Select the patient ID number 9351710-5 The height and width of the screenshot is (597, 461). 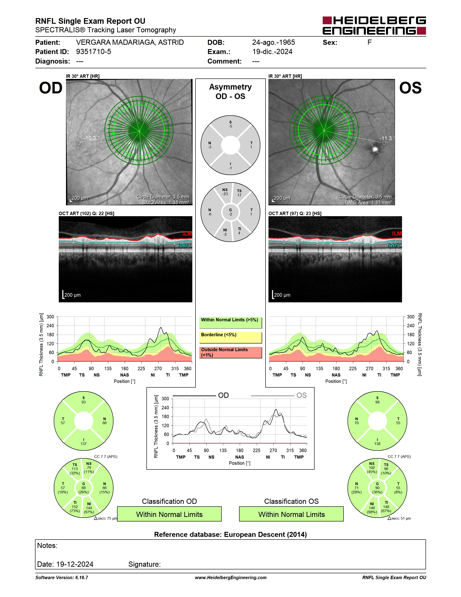point(93,52)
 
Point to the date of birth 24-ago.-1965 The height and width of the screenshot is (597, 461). point(273,42)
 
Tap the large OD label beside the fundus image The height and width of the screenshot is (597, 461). point(51,88)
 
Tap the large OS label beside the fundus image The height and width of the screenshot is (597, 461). point(410,88)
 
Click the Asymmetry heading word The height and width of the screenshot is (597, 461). point(230,87)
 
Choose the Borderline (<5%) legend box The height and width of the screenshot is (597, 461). point(230,338)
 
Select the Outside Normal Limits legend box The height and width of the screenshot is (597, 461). point(230,353)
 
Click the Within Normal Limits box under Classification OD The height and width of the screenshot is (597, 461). point(169,514)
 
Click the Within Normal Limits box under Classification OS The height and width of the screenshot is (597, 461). point(292,514)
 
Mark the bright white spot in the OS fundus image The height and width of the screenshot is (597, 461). point(375,149)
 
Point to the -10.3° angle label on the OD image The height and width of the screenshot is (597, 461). point(92,138)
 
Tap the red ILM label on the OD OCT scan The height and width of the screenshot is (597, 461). point(187,234)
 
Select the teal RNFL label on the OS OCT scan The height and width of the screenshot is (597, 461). point(395,245)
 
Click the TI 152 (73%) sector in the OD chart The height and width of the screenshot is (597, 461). point(75,507)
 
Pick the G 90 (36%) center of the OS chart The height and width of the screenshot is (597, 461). point(377,488)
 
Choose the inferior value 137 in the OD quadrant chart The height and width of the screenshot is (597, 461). point(84,444)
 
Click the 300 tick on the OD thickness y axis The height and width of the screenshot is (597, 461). point(50,317)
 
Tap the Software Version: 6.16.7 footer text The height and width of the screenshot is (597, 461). point(62,578)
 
